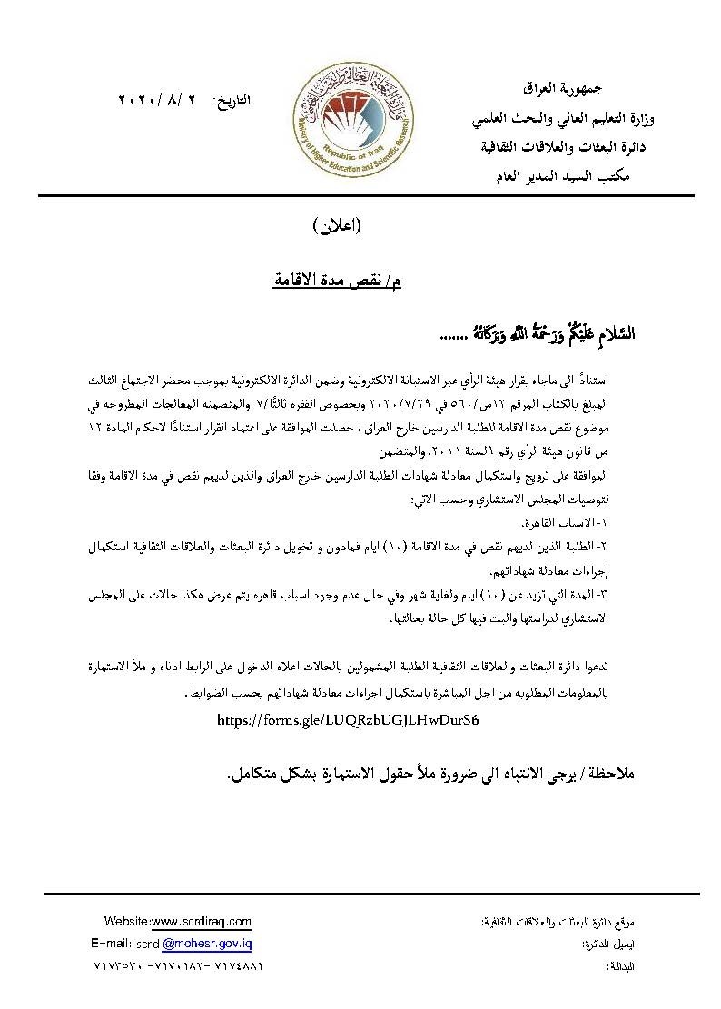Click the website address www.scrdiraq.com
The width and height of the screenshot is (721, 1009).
[x=201, y=921]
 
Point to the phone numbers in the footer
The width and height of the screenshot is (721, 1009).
[x=179, y=966]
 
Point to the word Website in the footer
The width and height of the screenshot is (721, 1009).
[x=125, y=921]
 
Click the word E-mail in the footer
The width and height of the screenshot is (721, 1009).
[x=112, y=944]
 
